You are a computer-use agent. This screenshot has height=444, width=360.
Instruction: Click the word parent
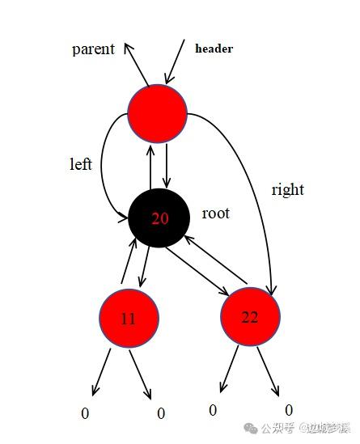coord(93,49)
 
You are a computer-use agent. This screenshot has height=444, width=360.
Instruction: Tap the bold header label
coord(214,49)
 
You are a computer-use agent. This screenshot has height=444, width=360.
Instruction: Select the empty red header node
coord(158,113)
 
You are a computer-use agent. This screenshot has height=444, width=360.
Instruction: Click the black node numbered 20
coord(159,218)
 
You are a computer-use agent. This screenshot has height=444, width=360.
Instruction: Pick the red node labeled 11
coord(129,319)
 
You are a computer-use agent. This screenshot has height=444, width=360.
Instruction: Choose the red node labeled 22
coord(251,316)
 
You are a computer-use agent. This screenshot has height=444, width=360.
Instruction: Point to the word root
coord(215,214)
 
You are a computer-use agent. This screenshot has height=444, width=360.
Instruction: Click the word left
coord(81,164)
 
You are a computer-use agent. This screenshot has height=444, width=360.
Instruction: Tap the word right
coord(288,190)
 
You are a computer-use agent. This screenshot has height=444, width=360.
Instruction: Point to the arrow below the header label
coord(175,61)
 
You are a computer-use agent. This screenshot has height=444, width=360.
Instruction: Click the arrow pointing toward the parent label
coord(137,64)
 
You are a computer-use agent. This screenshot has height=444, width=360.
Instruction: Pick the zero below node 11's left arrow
coord(85,413)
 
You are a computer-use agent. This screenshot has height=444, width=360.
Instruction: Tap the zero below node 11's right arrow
coord(161,413)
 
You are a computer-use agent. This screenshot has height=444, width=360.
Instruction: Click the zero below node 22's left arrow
coord(213,410)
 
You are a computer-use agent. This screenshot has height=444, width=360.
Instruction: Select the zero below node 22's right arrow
coord(289,410)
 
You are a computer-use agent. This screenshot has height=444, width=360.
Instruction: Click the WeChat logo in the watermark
coord(251,428)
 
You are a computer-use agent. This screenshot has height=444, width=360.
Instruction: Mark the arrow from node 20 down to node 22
coord(197,271)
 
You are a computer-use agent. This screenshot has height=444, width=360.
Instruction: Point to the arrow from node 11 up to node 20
coord(129,260)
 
